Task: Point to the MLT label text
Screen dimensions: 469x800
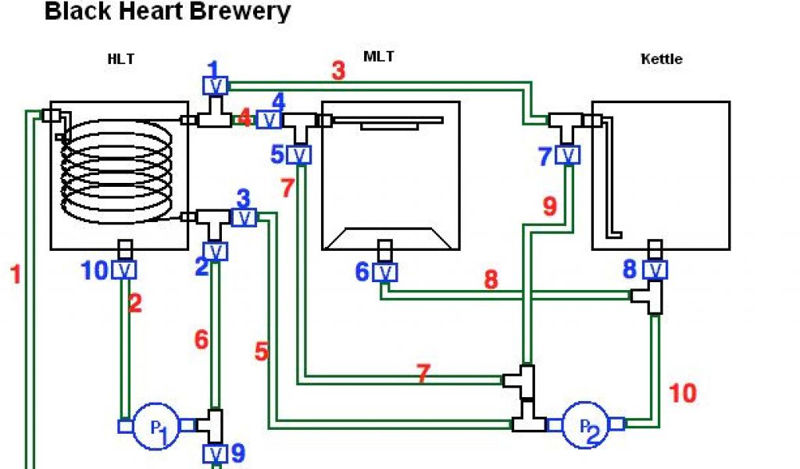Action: [x=379, y=56]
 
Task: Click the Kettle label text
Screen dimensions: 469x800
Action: [x=661, y=59]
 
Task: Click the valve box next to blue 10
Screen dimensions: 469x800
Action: [x=123, y=270]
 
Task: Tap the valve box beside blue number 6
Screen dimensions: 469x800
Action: [x=384, y=272]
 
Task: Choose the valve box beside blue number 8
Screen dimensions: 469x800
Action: [x=655, y=270]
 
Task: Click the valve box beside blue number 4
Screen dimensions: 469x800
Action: [x=269, y=120]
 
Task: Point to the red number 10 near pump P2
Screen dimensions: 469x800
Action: [x=682, y=393]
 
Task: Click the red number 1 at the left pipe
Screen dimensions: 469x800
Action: [x=16, y=275]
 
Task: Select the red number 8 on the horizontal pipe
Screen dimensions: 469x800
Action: [x=491, y=280]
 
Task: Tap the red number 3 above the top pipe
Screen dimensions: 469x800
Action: [x=337, y=70]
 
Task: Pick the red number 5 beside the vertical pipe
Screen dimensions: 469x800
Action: [x=262, y=352]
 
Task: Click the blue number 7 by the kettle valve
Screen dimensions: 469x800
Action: [x=545, y=156]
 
